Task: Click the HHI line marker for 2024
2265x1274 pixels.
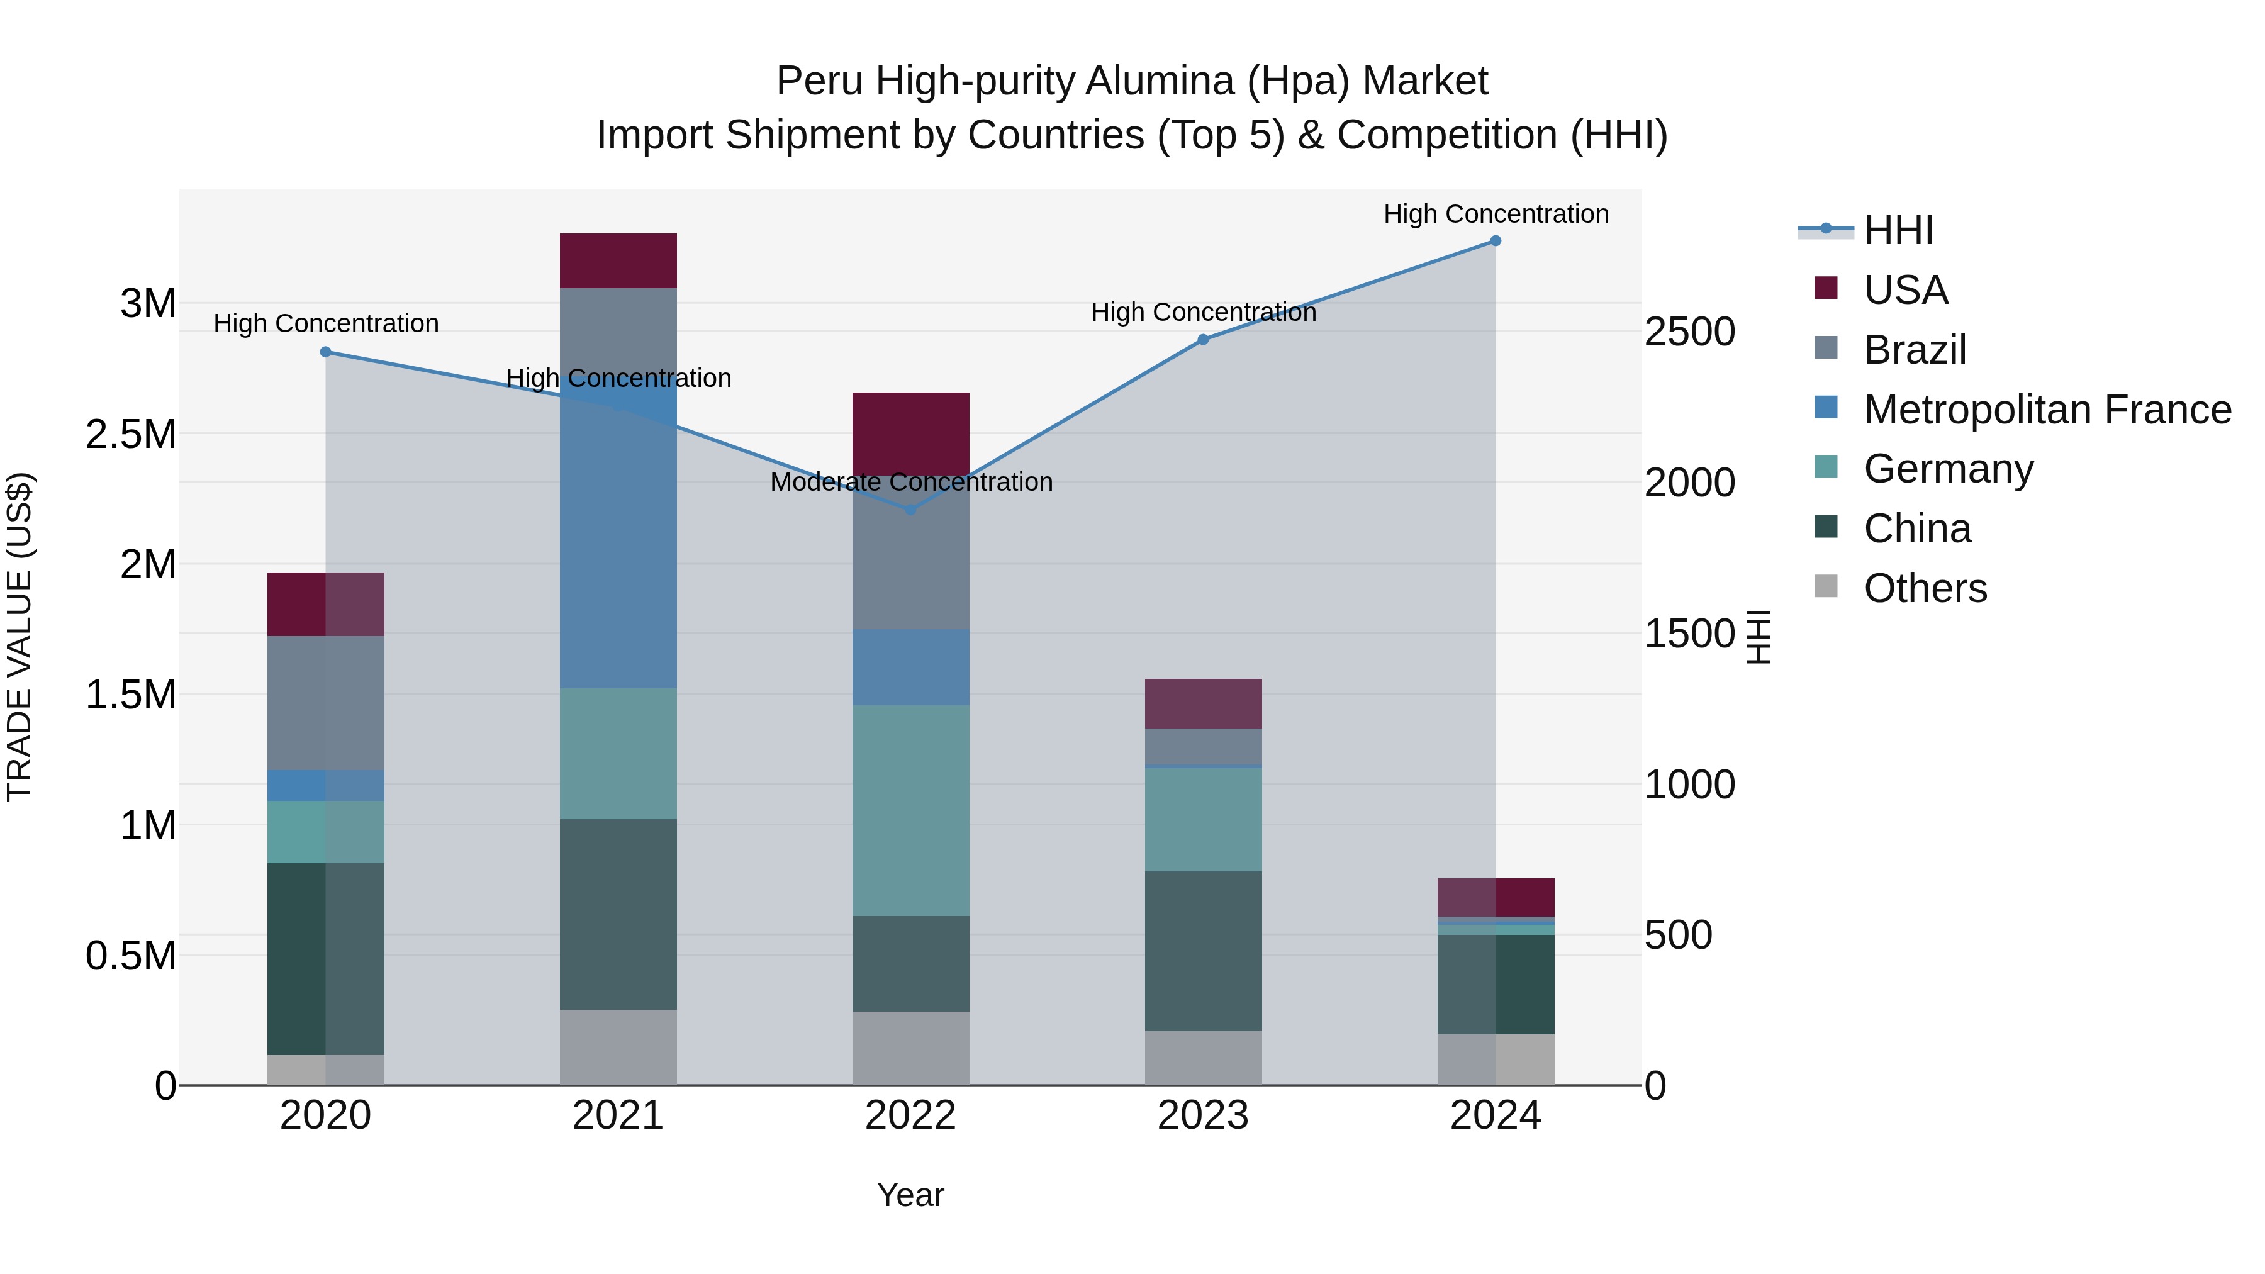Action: (x=1496, y=241)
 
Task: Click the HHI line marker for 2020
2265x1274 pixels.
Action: (x=325, y=352)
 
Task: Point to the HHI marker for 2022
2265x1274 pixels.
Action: (x=911, y=509)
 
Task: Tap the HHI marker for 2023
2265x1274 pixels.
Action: (x=1204, y=339)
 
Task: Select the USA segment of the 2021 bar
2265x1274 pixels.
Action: (x=618, y=260)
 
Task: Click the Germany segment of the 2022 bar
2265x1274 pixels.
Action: (x=911, y=810)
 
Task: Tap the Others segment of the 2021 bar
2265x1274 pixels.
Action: (x=618, y=1046)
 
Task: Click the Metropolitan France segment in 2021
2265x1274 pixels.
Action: (x=618, y=545)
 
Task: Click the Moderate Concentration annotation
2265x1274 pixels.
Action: (x=911, y=482)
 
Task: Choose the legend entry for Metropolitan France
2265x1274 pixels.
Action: (x=2047, y=410)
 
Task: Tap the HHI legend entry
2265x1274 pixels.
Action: (x=1898, y=230)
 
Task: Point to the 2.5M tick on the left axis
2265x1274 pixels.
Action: (x=131, y=434)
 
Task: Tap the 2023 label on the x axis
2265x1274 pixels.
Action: (x=1203, y=1115)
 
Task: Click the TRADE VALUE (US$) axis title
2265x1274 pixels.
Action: (x=20, y=637)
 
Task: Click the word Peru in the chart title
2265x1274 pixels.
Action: (x=819, y=82)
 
